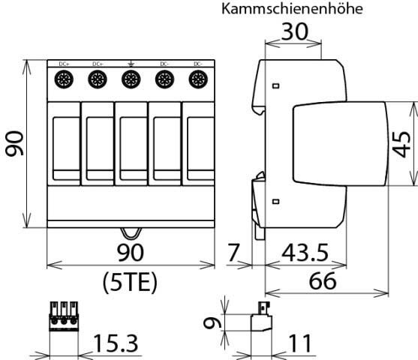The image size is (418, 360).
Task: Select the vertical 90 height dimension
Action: coord(14,145)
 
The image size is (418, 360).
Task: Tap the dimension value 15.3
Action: coord(116,344)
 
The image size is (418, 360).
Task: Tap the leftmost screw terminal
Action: coord(63,79)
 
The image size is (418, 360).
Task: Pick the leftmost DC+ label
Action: coord(63,64)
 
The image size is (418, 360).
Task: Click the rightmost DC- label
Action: coord(197,64)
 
